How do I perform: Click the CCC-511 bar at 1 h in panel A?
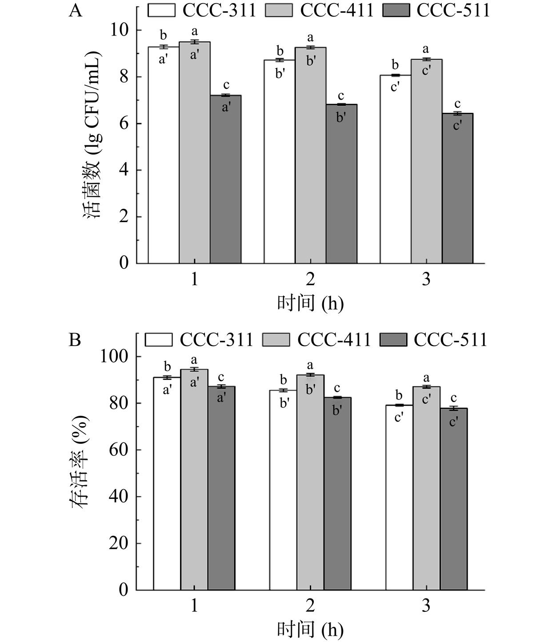pyautogui.click(x=226, y=187)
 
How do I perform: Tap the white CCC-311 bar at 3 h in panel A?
pyautogui.click(x=395, y=178)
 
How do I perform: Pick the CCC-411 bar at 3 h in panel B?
pyautogui.click(x=426, y=489)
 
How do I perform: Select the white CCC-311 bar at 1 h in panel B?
pyautogui.click(x=167, y=484)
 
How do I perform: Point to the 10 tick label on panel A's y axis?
pyautogui.click(x=119, y=30)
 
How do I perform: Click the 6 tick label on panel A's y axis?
pyautogui.click(x=124, y=124)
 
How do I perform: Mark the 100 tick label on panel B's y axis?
pyautogui.click(x=114, y=357)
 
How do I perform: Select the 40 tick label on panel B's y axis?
pyautogui.click(x=119, y=497)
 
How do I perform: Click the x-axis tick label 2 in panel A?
pyautogui.click(x=310, y=279)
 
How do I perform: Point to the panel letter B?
pyautogui.click(x=75, y=340)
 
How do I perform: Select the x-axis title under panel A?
pyautogui.click(x=310, y=303)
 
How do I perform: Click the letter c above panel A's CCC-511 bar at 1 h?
pyautogui.click(x=226, y=84)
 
